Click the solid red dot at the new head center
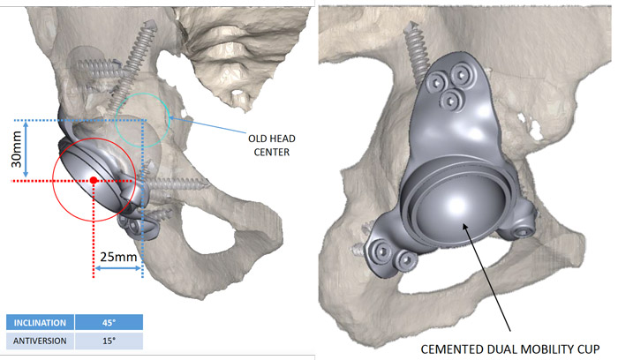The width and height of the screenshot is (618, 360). pos(94,180)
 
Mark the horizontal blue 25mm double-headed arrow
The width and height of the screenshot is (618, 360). pos(118,271)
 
